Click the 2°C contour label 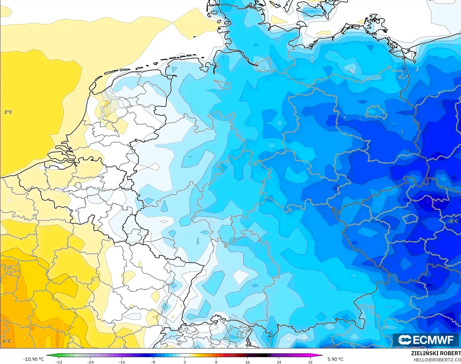click(8, 112)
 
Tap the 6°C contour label click(7, 341)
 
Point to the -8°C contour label click(453, 221)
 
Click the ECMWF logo click(426, 340)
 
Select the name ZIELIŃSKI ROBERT click(436, 354)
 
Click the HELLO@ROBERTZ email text click(437, 360)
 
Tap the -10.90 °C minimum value click(33, 359)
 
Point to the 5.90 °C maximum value click(335, 359)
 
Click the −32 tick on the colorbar click(59, 362)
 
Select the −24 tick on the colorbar click(90, 362)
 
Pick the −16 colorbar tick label click(122, 362)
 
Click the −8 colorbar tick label click(153, 362)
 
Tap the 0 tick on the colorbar click(185, 362)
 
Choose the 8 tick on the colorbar click(216, 362)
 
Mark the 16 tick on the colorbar click(248, 362)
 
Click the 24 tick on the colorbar click(279, 362)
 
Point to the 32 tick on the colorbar click(310, 362)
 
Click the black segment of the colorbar click(263, 355)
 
